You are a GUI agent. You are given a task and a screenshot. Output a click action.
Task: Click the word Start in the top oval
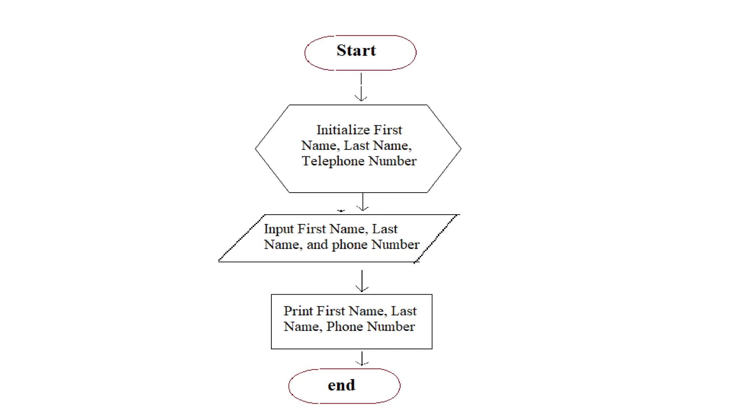356,50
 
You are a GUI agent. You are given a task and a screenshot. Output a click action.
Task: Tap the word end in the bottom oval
341,385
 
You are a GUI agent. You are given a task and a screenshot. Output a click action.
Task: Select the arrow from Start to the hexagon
361,87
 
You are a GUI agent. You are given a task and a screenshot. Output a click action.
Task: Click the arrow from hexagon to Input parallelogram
362,202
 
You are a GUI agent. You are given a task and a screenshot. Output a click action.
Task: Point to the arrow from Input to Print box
362,281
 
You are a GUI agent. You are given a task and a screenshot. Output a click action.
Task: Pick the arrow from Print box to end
362,358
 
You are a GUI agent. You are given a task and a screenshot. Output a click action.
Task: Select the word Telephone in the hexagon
333,161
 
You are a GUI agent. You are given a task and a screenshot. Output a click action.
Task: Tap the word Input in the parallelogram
278,229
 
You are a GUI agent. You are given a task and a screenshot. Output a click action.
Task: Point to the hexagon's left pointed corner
255,148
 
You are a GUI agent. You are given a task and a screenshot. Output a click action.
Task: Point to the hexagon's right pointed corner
461,148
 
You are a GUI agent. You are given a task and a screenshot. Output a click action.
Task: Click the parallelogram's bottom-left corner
219,261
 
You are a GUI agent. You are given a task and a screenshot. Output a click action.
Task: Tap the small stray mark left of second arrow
341,211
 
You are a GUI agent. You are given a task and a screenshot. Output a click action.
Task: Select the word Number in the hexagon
392,161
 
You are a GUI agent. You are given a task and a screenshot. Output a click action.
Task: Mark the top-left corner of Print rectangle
271,295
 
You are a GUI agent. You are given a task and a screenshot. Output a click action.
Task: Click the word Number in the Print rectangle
391,327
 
